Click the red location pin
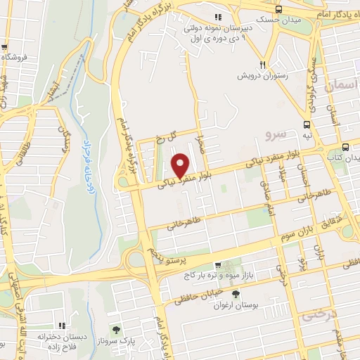coord(181,164)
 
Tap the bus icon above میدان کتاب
coord(345,147)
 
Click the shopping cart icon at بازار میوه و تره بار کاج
coord(218,265)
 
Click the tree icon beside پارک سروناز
coord(117,329)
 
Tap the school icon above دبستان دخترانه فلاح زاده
coord(62,326)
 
